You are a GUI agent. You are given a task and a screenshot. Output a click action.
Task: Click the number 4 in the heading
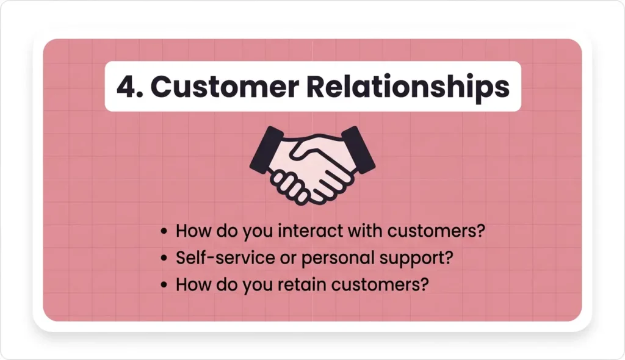coord(125,87)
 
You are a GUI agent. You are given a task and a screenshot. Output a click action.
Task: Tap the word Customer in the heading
coord(222,87)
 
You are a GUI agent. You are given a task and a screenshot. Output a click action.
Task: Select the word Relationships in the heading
coord(407,87)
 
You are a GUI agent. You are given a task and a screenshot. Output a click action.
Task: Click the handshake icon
coord(312,164)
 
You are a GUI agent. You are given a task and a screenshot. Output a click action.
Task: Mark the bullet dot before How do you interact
coord(164,232)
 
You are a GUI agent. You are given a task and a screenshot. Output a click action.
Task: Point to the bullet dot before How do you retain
coord(164,285)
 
